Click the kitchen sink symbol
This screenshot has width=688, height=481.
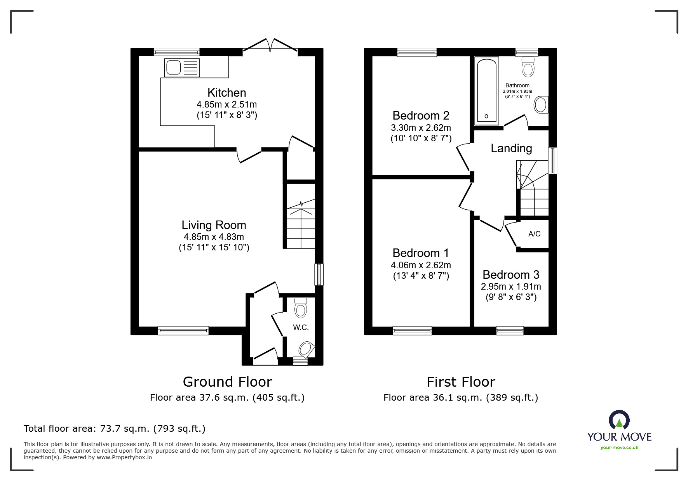182,68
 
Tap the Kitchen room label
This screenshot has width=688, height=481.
226,93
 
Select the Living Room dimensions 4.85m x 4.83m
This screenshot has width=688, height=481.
214,237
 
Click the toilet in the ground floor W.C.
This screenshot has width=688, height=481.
300,308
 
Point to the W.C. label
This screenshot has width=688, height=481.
301,328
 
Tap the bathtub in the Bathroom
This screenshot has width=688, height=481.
486,91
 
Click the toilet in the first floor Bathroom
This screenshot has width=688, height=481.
528,67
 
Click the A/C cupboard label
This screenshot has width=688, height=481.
534,234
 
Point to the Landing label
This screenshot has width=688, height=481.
511,148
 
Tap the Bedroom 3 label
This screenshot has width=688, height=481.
510,275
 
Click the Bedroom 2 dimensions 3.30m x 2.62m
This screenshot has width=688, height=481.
421,128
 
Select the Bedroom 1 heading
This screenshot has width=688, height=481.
420,253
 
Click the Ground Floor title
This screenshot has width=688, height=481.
227,382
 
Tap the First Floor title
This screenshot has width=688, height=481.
461,382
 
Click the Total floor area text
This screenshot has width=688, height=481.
114,429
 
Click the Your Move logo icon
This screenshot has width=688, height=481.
619,420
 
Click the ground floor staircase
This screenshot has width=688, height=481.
301,225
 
